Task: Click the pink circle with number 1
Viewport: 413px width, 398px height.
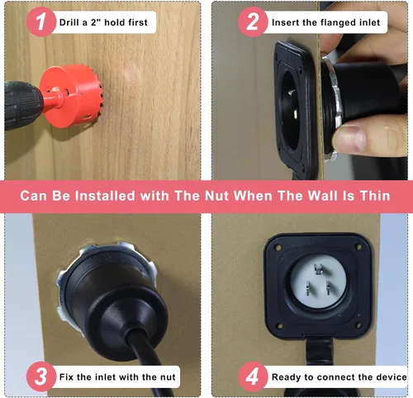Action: click(x=41, y=21)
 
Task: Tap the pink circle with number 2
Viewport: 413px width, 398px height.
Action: click(x=253, y=21)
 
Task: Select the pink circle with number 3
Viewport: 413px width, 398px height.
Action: click(x=41, y=377)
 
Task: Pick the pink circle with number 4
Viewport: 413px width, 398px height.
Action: click(x=253, y=377)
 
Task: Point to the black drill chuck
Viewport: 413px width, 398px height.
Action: click(x=22, y=105)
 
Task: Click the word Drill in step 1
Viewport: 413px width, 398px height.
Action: click(x=69, y=22)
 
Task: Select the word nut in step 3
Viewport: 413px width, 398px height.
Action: click(x=168, y=377)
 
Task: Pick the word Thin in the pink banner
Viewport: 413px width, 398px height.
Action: click(x=375, y=196)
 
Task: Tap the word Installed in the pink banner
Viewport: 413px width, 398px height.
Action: click(x=105, y=196)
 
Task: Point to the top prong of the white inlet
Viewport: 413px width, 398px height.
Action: click(x=318, y=268)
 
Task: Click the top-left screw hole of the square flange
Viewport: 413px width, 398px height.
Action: click(x=278, y=248)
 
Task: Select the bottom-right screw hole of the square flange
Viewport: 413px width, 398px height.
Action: click(x=358, y=326)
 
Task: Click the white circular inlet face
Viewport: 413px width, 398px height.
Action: click(x=318, y=281)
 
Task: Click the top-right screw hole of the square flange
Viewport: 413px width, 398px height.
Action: click(x=358, y=247)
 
